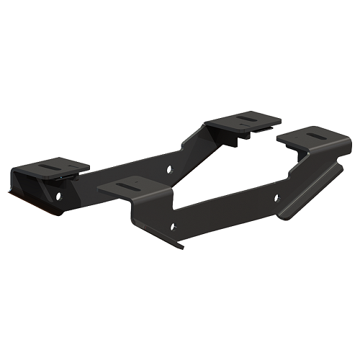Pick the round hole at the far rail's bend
tap(170, 170)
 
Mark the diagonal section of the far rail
tap(194, 148)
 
